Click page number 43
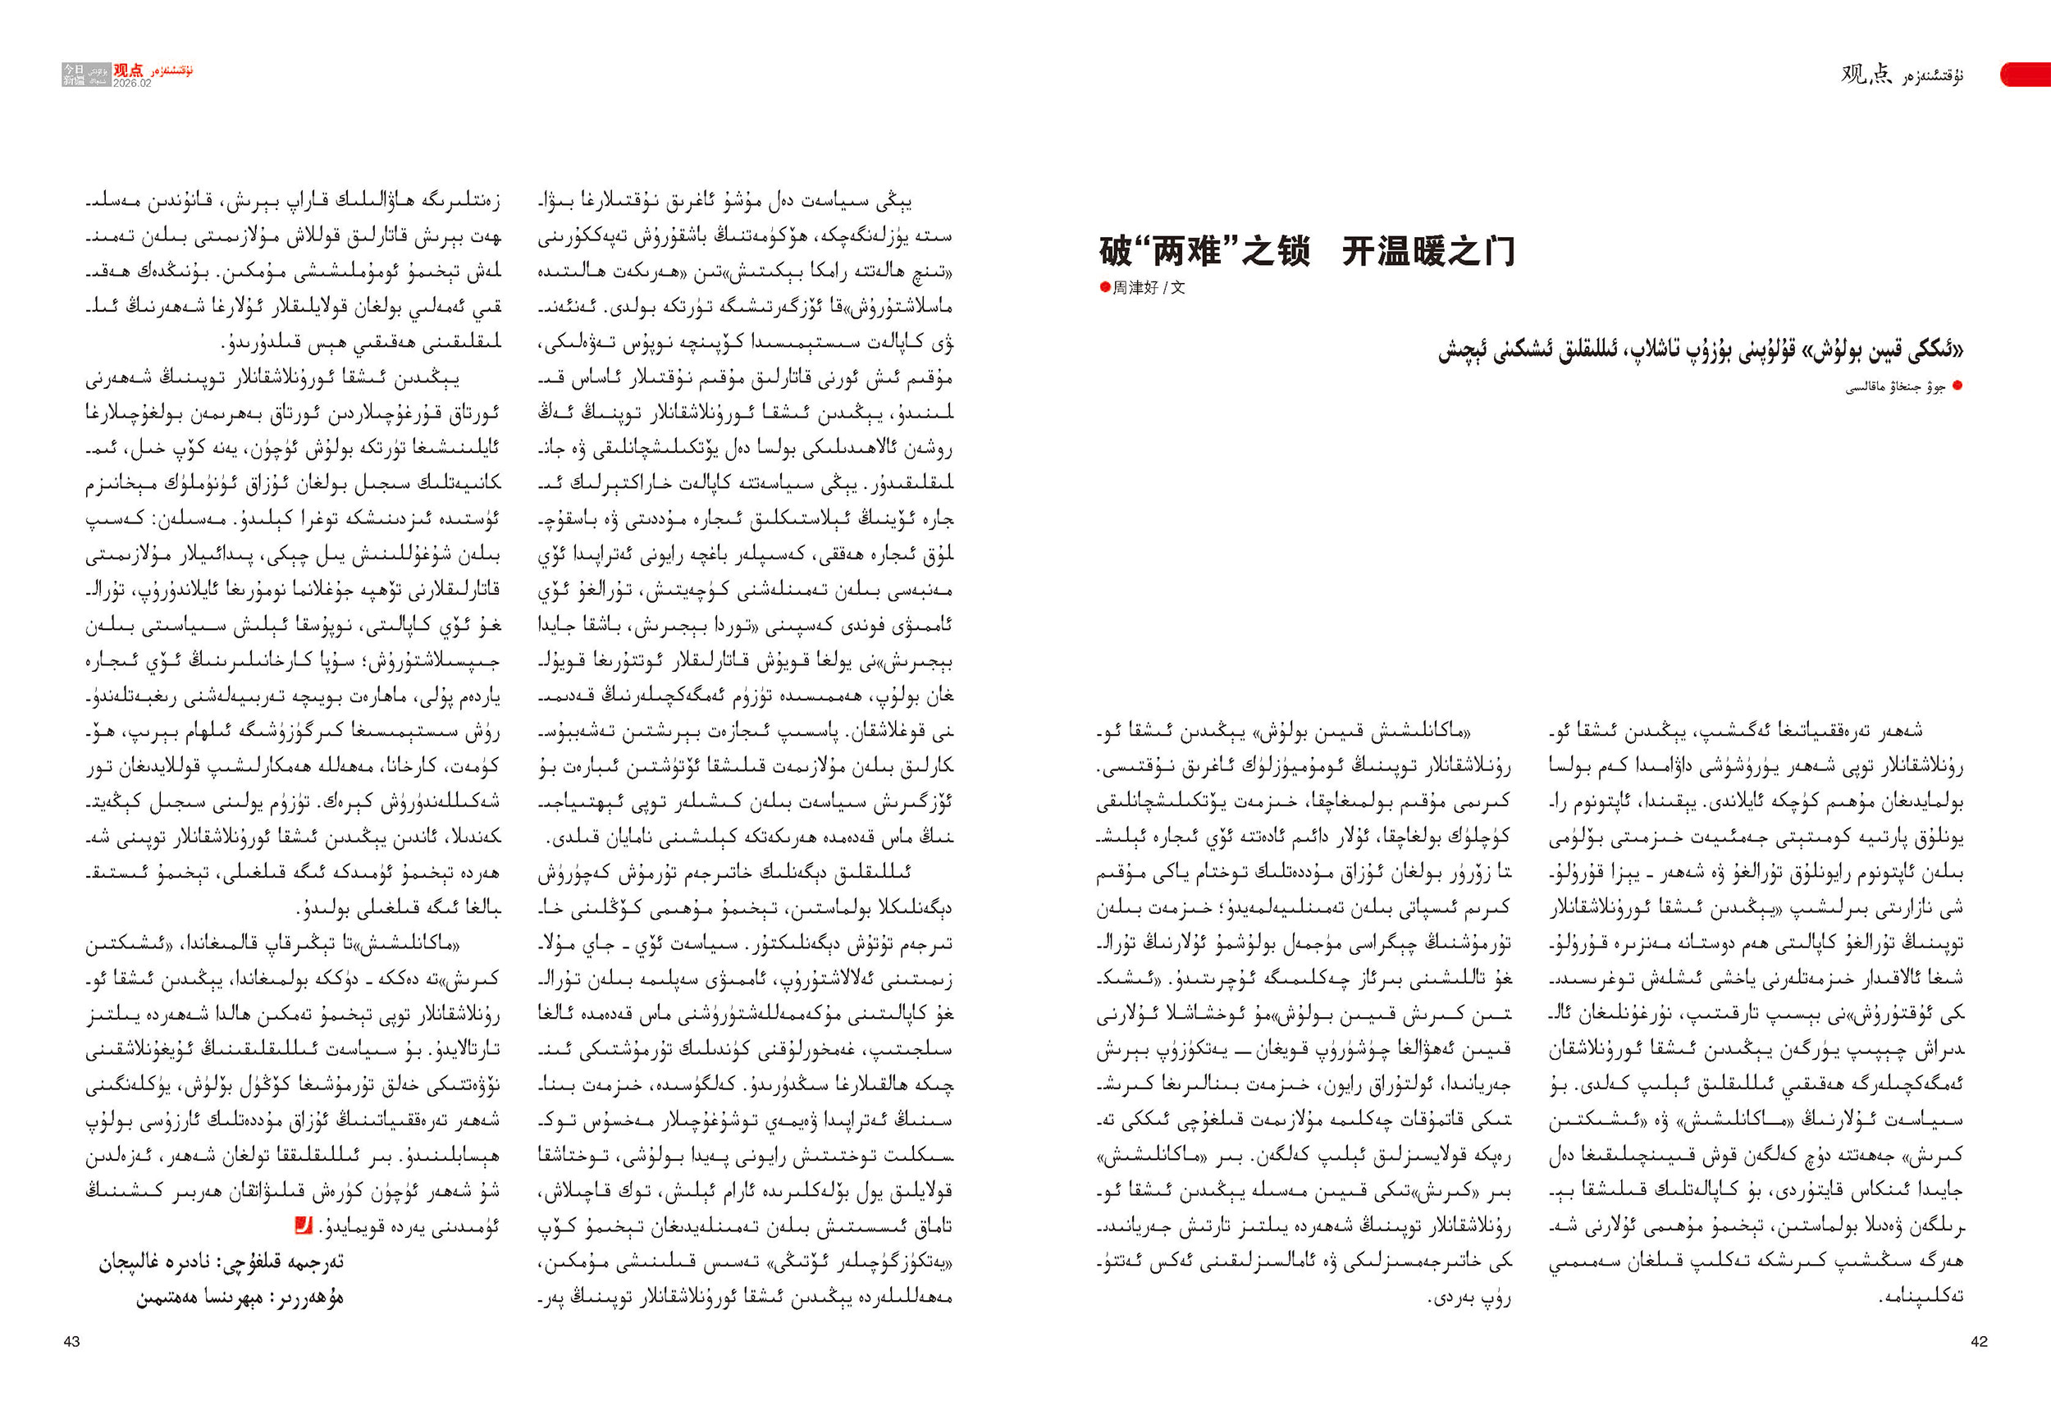pos(71,1342)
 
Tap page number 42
pos(1979,1342)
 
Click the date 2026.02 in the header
pos(131,83)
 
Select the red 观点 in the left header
pos(128,71)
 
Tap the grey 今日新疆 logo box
pos(73,75)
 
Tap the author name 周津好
pos(1135,288)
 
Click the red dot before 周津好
pos(1104,287)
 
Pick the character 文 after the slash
pos(1179,288)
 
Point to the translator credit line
pos(221,1262)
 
